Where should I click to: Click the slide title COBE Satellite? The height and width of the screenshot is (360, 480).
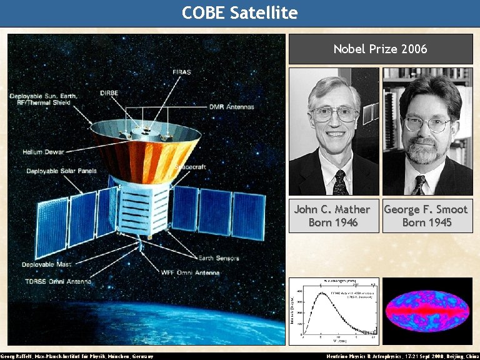pyautogui.click(x=240, y=12)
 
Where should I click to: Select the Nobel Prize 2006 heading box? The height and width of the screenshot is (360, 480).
pyautogui.click(x=380, y=49)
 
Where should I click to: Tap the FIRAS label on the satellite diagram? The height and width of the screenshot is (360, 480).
pyautogui.click(x=182, y=72)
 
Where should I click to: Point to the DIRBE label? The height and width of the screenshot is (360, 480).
pyautogui.click(x=109, y=93)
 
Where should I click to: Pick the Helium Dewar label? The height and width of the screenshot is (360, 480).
pyautogui.click(x=44, y=151)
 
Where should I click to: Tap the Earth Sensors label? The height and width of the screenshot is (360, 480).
pyautogui.click(x=219, y=258)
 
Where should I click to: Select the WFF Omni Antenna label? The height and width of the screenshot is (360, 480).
pyautogui.click(x=190, y=272)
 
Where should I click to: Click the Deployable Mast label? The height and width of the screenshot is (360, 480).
pyautogui.click(x=47, y=265)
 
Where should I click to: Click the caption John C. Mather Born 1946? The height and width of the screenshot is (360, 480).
pyautogui.click(x=332, y=216)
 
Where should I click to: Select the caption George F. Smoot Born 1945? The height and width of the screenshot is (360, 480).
pyautogui.click(x=426, y=216)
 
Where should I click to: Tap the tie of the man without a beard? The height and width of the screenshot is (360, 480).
pyautogui.click(x=339, y=182)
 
